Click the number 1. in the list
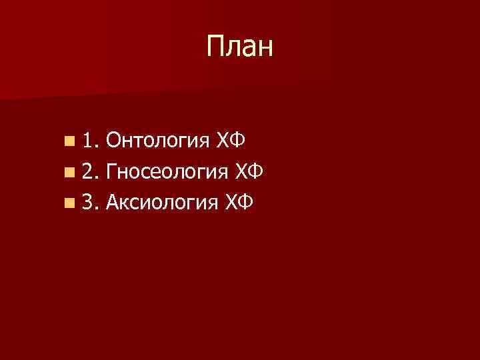pyautogui.click(x=90, y=140)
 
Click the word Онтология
pyautogui.click(x=157, y=140)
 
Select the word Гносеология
pyautogui.click(x=167, y=171)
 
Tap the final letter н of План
pyautogui.click(x=265, y=48)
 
